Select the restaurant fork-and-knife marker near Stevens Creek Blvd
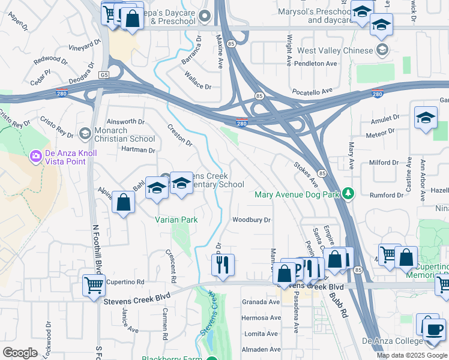click(223, 265)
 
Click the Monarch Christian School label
click(124, 134)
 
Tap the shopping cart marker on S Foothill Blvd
click(94, 286)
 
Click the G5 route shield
click(104, 75)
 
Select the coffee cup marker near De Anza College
click(433, 330)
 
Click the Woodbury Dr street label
click(252, 220)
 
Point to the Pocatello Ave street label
click(312, 91)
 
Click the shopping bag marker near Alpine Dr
click(123, 203)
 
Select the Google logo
click(20, 353)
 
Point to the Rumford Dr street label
click(387, 195)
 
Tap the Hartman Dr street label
click(138, 150)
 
